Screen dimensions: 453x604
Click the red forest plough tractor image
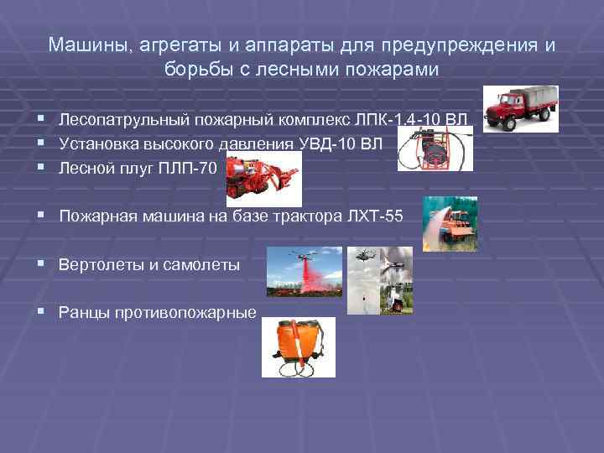click(x=264, y=179)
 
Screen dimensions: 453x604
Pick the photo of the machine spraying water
click(x=450, y=222)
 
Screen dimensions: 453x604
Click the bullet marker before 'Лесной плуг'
click(x=39, y=167)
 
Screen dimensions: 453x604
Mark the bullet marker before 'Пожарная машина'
click(x=39, y=217)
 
